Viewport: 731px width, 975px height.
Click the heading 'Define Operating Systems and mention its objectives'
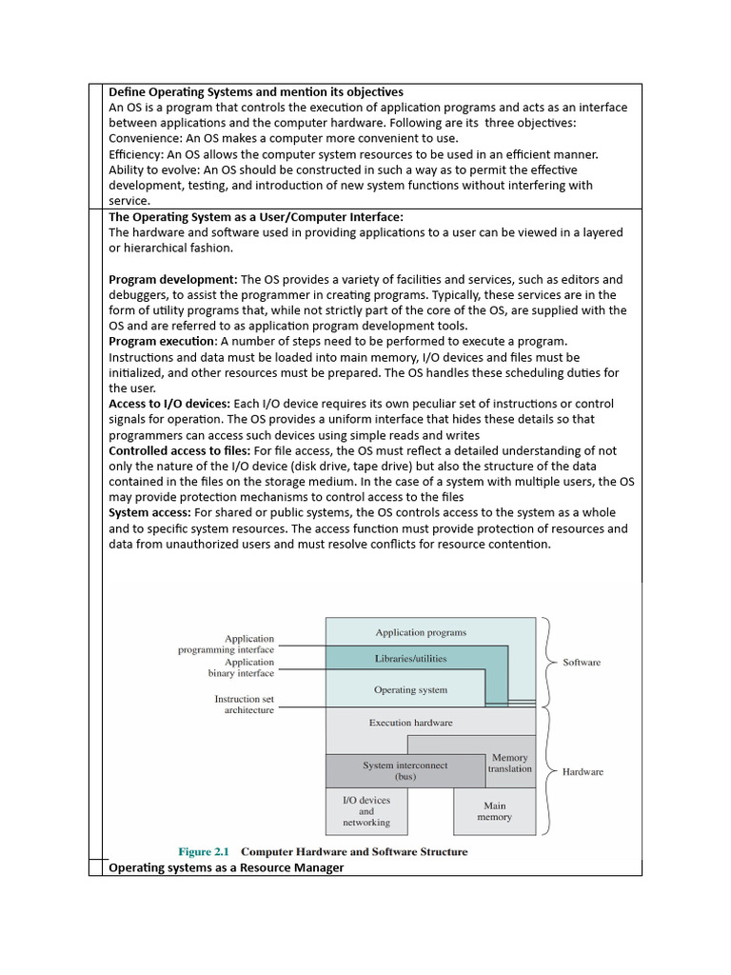pyautogui.click(x=256, y=92)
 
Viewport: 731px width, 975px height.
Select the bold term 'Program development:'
pyautogui.click(x=172, y=280)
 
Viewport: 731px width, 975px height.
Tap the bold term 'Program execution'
pyautogui.click(x=163, y=342)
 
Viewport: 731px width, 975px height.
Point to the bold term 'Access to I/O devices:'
pyautogui.click(x=169, y=404)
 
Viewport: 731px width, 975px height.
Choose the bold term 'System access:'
pyautogui.click(x=149, y=513)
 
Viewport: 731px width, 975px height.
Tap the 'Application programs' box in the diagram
pyautogui.click(x=421, y=632)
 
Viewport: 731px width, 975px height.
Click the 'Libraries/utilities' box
pyautogui.click(x=410, y=658)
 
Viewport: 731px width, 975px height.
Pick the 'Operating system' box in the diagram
pyautogui.click(x=410, y=690)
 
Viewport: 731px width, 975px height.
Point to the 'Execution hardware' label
pyautogui.click(x=410, y=723)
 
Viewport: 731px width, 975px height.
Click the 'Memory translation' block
pyautogui.click(x=510, y=764)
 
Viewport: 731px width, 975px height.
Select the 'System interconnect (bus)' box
pyautogui.click(x=405, y=770)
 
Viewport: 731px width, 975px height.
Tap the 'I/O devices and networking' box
pyautogui.click(x=366, y=811)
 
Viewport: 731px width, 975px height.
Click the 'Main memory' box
pyautogui.click(x=494, y=811)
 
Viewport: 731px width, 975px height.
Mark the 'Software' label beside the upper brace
pyautogui.click(x=582, y=662)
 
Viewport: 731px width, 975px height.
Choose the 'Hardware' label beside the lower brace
pyautogui.click(x=583, y=772)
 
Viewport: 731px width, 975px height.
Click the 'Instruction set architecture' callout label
pyautogui.click(x=244, y=705)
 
